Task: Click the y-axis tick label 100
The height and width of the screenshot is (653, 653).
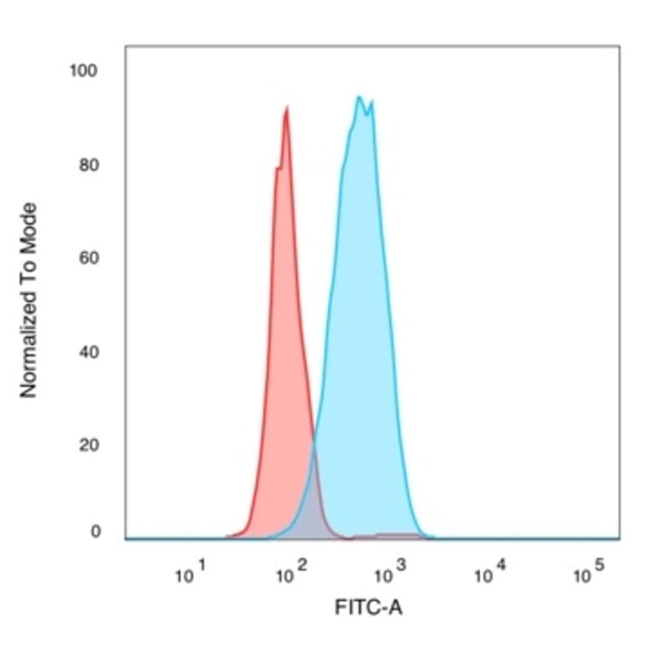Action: [84, 71]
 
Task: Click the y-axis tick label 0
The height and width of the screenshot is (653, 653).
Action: [94, 532]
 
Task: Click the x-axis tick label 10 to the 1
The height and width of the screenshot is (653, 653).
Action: [191, 574]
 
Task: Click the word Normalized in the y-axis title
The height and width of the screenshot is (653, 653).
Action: [29, 341]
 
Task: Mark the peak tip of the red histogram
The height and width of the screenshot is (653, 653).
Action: [286, 108]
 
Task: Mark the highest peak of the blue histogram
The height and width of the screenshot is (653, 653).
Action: [359, 97]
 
